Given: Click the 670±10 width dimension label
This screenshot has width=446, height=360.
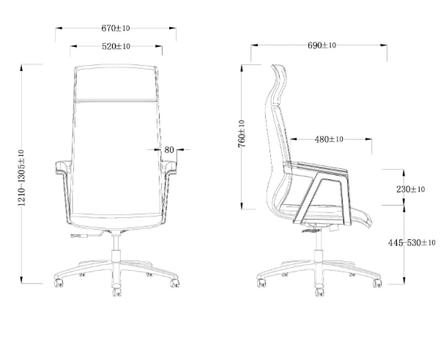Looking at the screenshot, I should pos(116,29).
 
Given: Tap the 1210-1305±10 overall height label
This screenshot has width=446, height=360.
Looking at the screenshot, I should pos(21,176).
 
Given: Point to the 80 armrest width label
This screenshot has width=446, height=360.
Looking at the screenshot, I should pos(169,150).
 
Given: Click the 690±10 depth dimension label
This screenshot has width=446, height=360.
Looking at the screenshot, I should pos(322,45).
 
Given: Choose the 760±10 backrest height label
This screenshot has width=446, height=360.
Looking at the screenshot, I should pos(242,135).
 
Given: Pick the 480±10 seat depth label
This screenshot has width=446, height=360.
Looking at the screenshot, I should pos(330,139).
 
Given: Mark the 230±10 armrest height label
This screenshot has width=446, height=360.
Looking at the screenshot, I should pos(411,189).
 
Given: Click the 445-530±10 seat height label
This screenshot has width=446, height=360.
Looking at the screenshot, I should pos(412,242).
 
